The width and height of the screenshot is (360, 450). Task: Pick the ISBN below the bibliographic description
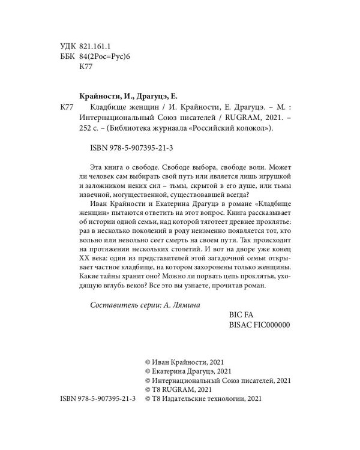pyautogui.click(x=125, y=148)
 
